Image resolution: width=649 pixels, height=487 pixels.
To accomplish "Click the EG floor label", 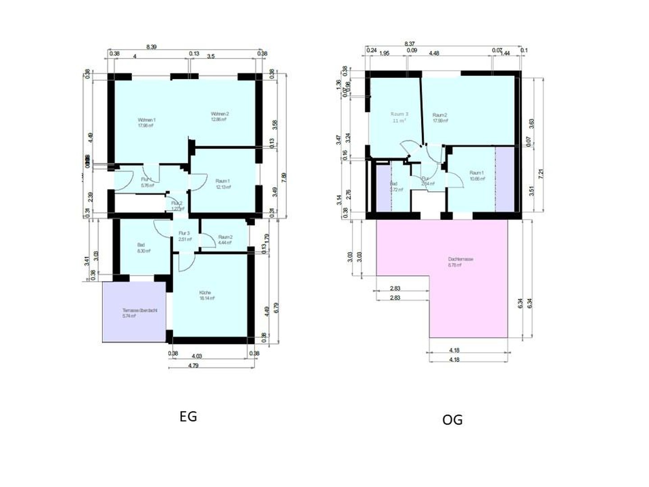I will coord(188,416).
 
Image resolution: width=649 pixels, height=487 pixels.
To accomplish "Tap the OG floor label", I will coord(452,420).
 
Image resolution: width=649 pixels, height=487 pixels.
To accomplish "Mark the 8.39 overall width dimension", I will coord(151,46).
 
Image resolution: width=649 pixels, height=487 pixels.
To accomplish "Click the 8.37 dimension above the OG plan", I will coord(409,44).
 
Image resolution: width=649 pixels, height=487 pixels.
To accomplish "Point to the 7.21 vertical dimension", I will coord(541,174).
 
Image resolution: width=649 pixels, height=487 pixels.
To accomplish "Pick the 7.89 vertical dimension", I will coord(283,178).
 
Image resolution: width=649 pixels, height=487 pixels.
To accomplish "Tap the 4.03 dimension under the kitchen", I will coord(197,356).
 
